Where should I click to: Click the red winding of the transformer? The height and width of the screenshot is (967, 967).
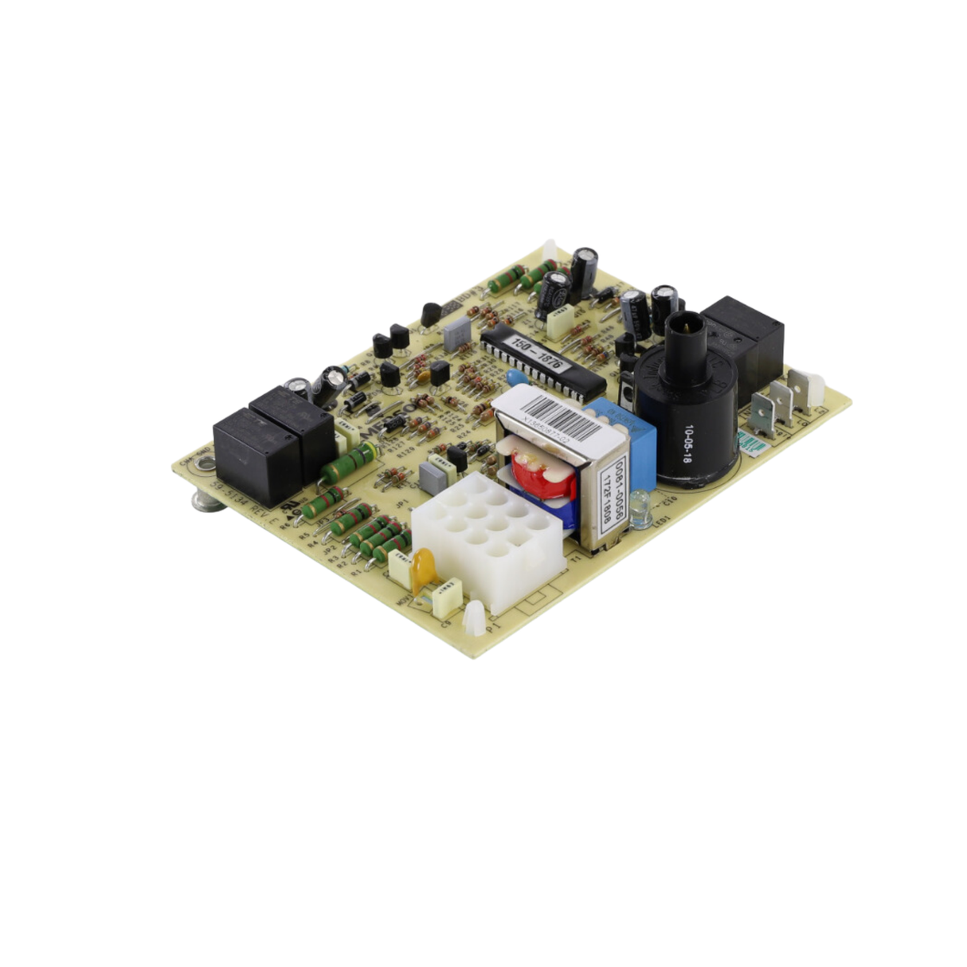[x=542, y=474]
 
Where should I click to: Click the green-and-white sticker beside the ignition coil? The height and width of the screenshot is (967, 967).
[x=750, y=440]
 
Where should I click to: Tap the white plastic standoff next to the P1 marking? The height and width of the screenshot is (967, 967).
[x=476, y=619]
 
